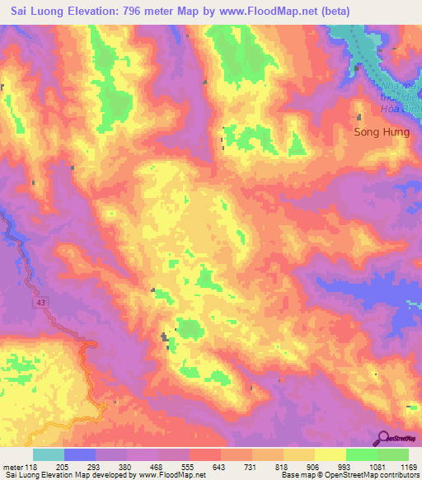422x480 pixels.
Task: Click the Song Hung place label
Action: (x=381, y=131)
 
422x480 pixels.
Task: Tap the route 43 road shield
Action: (x=40, y=304)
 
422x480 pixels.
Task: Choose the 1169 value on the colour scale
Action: (x=408, y=466)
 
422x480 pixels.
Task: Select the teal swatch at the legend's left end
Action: (x=49, y=454)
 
